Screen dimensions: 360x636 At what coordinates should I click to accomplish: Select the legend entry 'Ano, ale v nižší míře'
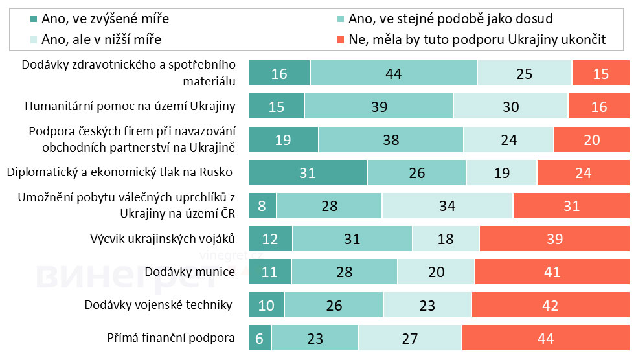click(101, 39)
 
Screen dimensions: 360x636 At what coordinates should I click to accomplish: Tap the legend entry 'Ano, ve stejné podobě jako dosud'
click(450, 19)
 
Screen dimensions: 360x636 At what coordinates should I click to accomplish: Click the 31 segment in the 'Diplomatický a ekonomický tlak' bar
click(308, 173)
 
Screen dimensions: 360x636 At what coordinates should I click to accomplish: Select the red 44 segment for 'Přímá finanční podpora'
click(545, 338)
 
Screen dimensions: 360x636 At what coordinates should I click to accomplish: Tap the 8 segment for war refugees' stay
click(262, 206)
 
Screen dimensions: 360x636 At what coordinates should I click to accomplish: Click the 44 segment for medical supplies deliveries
click(393, 74)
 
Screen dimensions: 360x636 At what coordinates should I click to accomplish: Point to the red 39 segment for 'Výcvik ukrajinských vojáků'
click(554, 239)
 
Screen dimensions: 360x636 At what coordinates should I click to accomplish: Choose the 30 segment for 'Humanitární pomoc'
click(510, 107)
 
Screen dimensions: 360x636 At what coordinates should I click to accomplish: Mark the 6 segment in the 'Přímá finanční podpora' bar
click(260, 338)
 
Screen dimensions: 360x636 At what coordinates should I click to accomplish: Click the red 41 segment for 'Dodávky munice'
click(552, 272)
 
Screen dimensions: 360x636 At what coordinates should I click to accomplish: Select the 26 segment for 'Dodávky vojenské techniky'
click(334, 305)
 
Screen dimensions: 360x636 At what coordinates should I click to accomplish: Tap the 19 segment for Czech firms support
click(283, 140)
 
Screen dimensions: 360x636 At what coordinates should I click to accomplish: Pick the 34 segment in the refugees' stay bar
click(447, 206)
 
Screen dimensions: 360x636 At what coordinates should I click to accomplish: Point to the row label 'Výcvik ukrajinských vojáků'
click(163, 238)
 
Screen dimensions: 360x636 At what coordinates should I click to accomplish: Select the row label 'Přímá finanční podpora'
click(171, 338)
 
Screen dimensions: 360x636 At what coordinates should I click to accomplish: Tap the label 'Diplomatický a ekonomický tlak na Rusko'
click(119, 172)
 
